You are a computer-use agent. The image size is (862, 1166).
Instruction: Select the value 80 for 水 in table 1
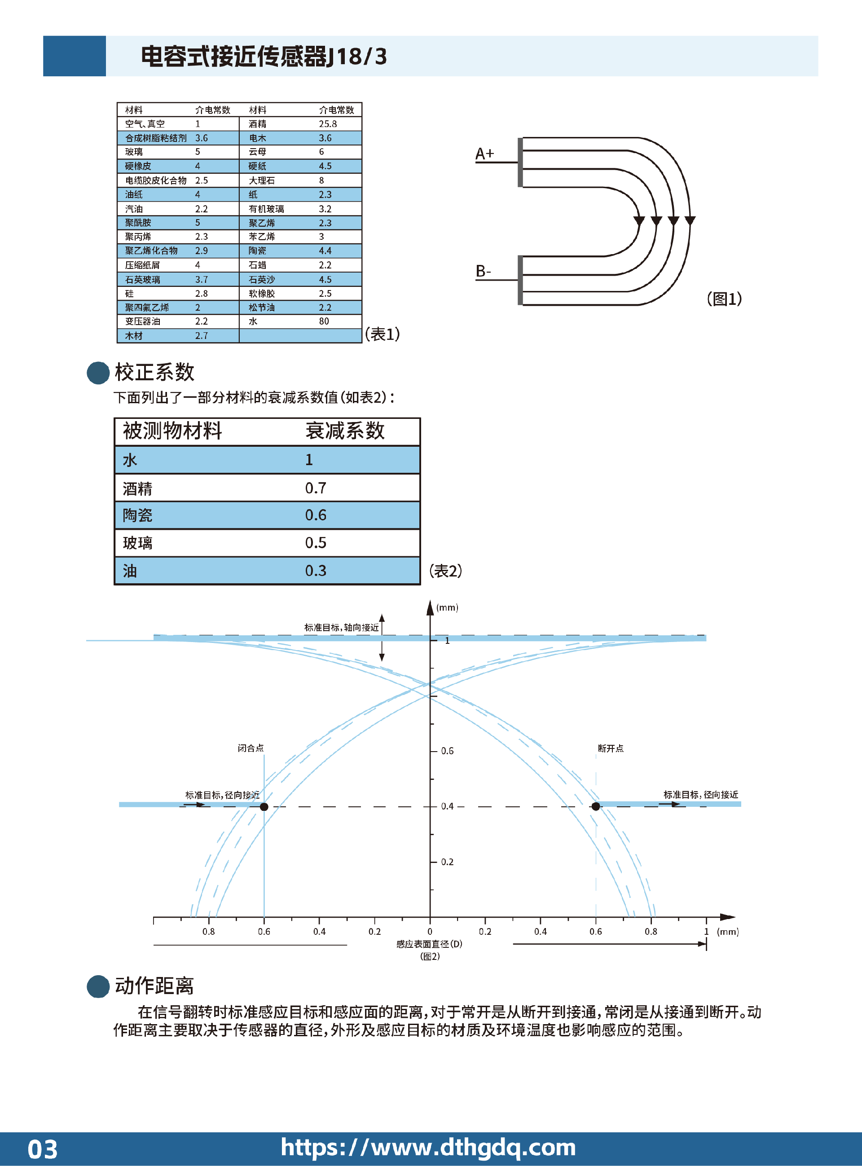click(324, 321)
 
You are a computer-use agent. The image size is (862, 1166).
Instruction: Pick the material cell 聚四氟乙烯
click(147, 307)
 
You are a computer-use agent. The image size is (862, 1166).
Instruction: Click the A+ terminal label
click(484, 154)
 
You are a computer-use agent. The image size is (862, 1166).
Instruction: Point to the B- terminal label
click(483, 271)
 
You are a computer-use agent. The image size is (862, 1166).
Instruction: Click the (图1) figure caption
click(724, 299)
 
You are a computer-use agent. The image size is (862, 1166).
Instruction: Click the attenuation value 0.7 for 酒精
click(316, 488)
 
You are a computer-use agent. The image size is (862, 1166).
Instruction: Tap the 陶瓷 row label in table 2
click(138, 515)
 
